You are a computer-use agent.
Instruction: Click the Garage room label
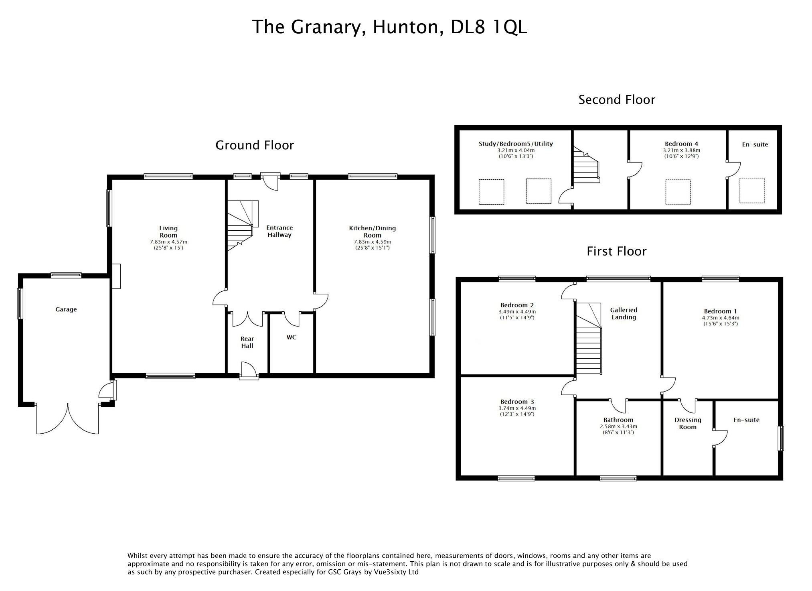(x=66, y=309)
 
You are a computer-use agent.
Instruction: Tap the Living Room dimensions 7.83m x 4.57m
(x=168, y=242)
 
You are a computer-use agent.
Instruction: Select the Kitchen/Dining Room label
(x=372, y=232)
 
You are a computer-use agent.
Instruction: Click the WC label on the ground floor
(x=292, y=337)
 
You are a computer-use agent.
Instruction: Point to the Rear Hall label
(x=247, y=342)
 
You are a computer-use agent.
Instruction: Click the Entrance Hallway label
(x=279, y=231)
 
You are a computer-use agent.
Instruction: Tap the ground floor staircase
(x=240, y=225)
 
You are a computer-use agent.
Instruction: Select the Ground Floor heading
(x=255, y=145)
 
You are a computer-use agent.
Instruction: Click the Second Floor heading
(x=616, y=100)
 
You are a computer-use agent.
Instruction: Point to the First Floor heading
(x=616, y=252)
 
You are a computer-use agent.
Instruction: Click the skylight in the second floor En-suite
(x=752, y=190)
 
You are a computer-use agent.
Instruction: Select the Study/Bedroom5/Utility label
(x=516, y=144)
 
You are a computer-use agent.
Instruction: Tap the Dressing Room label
(x=688, y=423)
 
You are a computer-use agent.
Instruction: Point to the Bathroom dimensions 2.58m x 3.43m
(x=618, y=426)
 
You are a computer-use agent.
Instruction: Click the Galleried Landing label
(x=624, y=313)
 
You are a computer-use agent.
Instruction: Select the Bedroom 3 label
(x=517, y=402)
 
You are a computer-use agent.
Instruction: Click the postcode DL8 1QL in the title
(x=489, y=27)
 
